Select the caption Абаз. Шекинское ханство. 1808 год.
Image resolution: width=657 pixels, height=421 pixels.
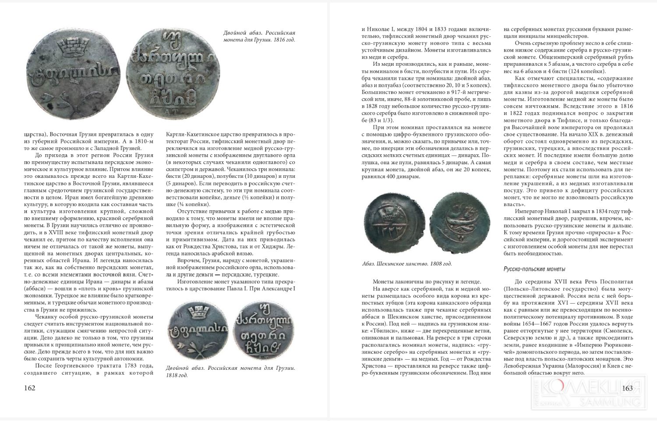click(407, 264)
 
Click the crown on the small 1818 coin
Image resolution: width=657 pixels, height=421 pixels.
click(196, 312)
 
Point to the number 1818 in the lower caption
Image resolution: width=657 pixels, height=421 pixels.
click(175, 376)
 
